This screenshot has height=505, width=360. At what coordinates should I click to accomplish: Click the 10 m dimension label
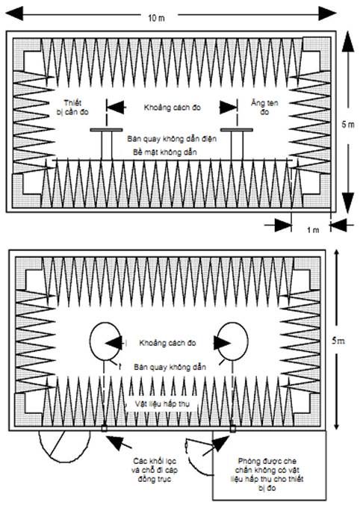point(157,17)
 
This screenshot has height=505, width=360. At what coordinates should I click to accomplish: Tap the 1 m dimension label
point(313,230)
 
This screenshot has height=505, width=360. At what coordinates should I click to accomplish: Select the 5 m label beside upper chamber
point(348,124)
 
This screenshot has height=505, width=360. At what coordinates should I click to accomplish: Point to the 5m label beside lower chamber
point(338,341)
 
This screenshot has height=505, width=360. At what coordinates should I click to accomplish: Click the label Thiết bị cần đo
point(72,108)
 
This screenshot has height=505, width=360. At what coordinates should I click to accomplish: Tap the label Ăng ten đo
point(264,108)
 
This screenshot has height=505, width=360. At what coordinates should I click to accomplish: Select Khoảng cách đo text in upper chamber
point(172,108)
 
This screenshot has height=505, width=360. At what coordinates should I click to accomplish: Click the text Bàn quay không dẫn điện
point(172,139)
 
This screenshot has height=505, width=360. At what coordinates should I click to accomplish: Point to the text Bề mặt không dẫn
point(165,152)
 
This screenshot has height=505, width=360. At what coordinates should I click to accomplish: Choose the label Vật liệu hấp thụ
point(162,403)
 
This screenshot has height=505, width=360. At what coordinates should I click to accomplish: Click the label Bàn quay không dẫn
point(170,367)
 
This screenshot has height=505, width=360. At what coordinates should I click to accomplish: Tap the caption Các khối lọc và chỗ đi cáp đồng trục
point(155,470)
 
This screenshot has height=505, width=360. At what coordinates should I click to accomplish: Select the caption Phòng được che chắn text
point(267,474)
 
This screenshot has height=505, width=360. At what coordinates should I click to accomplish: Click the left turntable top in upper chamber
point(106,130)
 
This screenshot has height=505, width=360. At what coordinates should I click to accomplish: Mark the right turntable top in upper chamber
point(237,130)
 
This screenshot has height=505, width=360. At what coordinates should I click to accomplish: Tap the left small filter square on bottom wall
point(104,428)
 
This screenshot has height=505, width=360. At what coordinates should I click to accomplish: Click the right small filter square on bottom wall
point(233,428)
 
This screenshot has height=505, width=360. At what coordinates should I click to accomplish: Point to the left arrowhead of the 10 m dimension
point(14,13)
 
